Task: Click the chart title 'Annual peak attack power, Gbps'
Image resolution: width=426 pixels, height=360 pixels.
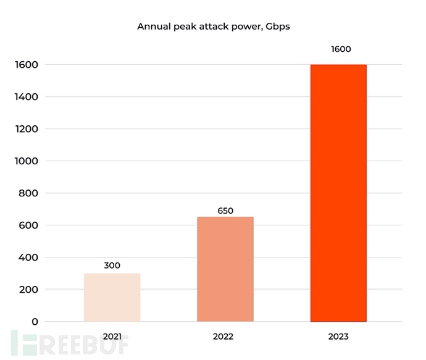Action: click(x=213, y=27)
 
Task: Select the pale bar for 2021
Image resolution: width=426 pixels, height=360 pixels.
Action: click(x=112, y=297)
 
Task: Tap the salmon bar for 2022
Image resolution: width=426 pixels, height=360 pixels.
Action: click(x=225, y=269)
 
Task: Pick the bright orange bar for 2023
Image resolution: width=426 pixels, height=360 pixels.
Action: click(x=338, y=193)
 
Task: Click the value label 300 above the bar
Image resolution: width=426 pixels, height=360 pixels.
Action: click(x=112, y=266)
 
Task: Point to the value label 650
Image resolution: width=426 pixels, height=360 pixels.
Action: click(x=225, y=211)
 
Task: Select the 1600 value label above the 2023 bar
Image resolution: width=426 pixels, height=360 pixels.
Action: click(x=338, y=49)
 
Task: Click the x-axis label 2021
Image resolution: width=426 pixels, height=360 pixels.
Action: click(x=112, y=337)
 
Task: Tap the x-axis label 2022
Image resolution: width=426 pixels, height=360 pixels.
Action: click(x=225, y=337)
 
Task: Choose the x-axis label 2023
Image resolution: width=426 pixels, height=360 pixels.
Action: click(x=338, y=337)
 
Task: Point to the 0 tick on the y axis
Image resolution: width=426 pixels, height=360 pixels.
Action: click(x=35, y=322)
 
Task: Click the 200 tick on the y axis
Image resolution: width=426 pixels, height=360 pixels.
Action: click(x=29, y=290)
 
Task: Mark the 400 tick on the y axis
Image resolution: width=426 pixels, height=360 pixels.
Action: click(x=29, y=257)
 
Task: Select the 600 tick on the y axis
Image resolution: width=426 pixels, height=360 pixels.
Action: click(x=29, y=225)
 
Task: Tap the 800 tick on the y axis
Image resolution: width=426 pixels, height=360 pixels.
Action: click(x=29, y=193)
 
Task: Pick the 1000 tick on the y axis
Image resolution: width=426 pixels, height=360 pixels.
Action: click(x=27, y=161)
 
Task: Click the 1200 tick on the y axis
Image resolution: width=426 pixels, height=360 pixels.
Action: click(x=27, y=129)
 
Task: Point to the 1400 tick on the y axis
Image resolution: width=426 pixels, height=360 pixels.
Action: click(x=27, y=97)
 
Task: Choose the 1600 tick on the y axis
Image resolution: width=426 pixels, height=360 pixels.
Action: click(x=27, y=65)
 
